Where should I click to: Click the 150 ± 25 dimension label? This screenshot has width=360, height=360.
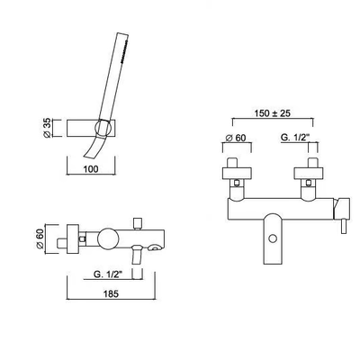pos(273,113)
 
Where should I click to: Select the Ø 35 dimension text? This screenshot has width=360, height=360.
pos(48,129)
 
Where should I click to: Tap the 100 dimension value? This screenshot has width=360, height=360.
pos(91,169)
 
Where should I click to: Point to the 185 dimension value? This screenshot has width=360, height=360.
pos(111,294)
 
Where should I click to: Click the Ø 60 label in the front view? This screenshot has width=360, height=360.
pos(236,138)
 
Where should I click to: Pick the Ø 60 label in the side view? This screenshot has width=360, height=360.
pos(40,238)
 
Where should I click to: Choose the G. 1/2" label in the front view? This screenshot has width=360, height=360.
pos(295,138)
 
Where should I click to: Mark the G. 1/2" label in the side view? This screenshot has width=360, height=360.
pos(108,274)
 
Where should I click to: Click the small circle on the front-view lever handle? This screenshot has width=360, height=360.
pos(273,238)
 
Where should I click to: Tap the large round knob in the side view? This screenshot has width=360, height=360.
pos(109,238)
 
